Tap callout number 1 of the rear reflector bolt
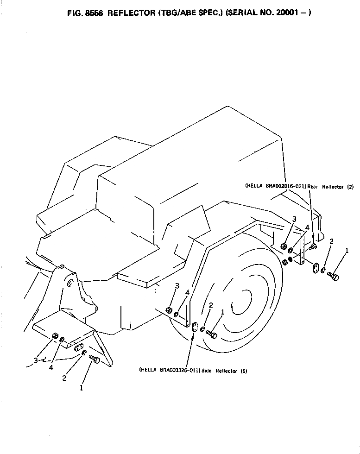[x=347, y=251]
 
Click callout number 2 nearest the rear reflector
[x=331, y=241]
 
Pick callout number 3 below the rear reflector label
[x=294, y=219]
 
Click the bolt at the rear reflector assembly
[x=333, y=277]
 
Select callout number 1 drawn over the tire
[x=222, y=312]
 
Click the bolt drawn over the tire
[x=211, y=334]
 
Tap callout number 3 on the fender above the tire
[x=177, y=286]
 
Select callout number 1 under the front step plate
[x=81, y=388]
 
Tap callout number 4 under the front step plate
[x=51, y=367]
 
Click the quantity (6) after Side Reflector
[x=243, y=371]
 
